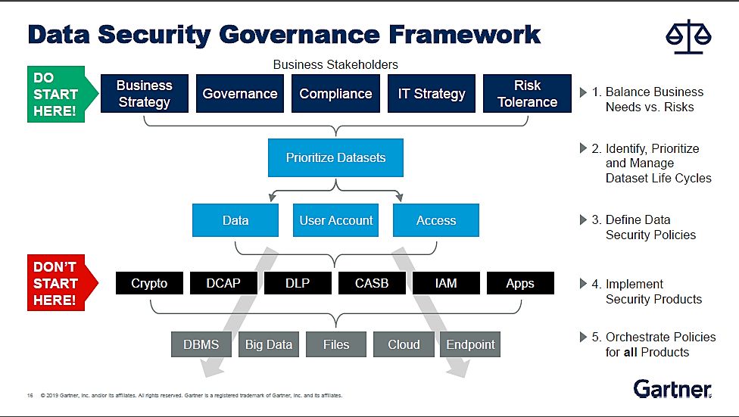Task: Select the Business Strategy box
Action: coord(144,93)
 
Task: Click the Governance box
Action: coord(240,93)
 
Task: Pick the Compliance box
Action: coord(335,93)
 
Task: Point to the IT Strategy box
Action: coord(432,93)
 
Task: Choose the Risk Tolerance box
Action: coord(528,93)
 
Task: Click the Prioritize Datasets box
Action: coord(335,157)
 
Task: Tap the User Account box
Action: coord(335,220)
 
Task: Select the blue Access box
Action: coord(436,220)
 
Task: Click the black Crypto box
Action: coord(149,283)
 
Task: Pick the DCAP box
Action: coord(223,283)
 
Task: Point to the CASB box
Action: coord(372,283)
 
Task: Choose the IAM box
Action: coord(446,283)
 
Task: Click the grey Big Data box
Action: coord(269,344)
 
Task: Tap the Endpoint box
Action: coord(470,344)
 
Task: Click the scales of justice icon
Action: coord(688,36)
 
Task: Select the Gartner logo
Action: coord(672,389)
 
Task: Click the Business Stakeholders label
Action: coord(335,64)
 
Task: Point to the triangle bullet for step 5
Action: coord(583,337)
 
